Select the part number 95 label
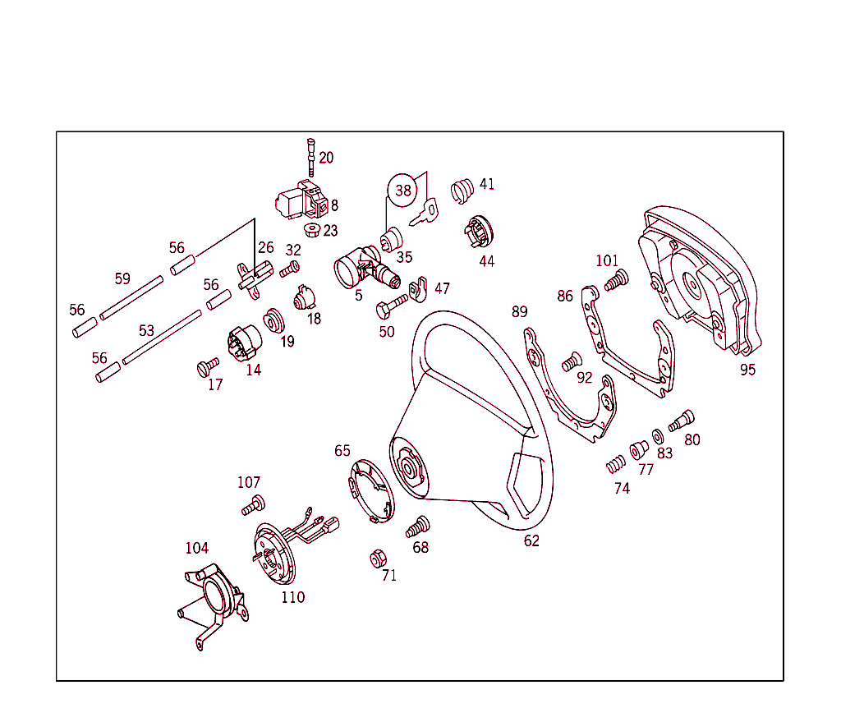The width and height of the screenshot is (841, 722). (747, 370)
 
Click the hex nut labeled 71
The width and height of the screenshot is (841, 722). (378, 558)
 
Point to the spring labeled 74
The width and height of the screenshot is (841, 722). (615, 466)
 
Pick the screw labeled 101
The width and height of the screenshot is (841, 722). (616, 280)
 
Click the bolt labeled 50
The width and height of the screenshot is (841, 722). (390, 308)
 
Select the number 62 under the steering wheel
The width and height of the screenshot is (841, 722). (531, 540)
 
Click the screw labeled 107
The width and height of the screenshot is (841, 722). (253, 505)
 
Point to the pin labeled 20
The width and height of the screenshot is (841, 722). (312, 155)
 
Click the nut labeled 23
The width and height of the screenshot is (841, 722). (311, 228)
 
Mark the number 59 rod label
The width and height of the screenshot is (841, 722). (122, 278)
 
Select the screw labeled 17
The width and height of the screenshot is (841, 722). (208, 366)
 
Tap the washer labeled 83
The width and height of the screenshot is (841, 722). (659, 435)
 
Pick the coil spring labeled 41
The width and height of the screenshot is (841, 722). (462, 191)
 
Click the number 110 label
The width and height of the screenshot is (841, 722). (292, 597)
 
